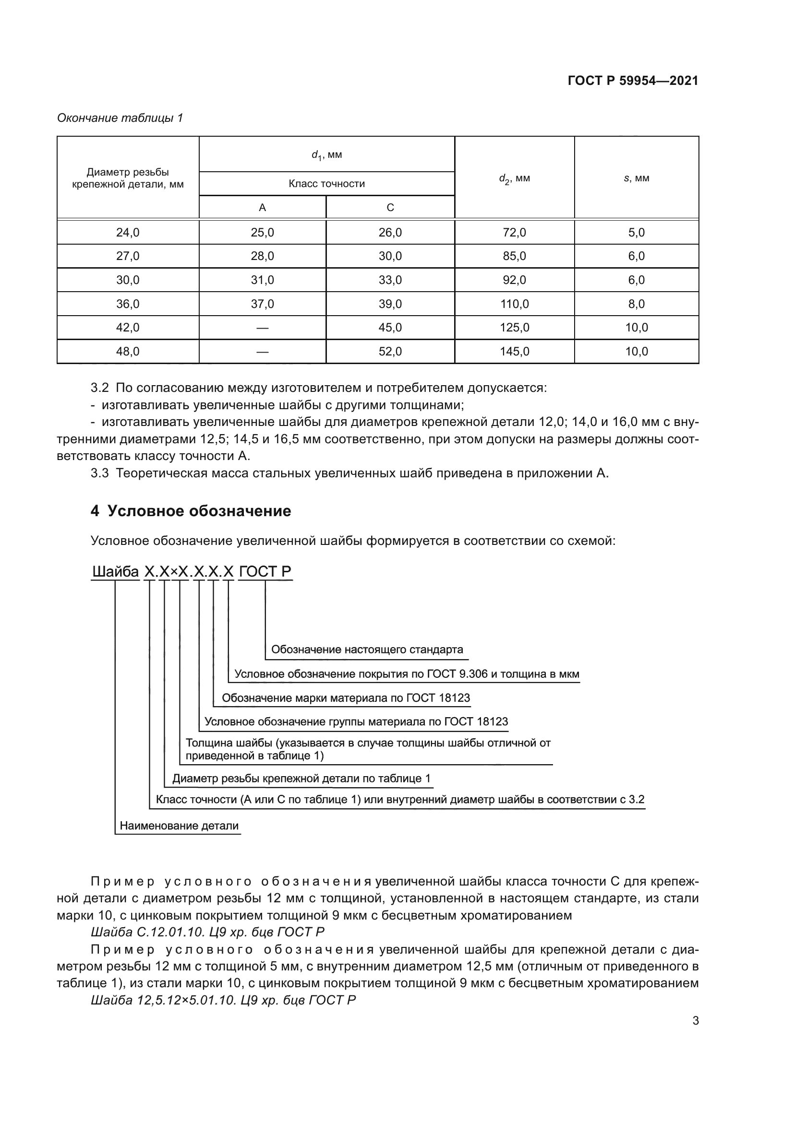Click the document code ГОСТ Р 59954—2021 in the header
pyautogui.click(x=633, y=81)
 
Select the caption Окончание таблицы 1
pyautogui.click(x=120, y=118)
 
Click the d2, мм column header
pyautogui.click(x=514, y=178)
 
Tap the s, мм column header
pyautogui.click(x=636, y=178)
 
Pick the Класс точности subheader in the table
pyautogui.click(x=326, y=184)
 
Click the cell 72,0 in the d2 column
pyautogui.click(x=514, y=233)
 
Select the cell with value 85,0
pyautogui.click(x=514, y=256)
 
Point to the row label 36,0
pyautogui.click(x=128, y=304)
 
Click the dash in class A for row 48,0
pyautogui.click(x=263, y=352)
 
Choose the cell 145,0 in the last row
pyautogui.click(x=514, y=352)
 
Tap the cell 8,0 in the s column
pyautogui.click(x=636, y=304)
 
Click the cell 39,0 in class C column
pyautogui.click(x=390, y=304)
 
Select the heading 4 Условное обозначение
pyautogui.click(x=191, y=511)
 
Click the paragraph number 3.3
pyautogui.click(x=100, y=473)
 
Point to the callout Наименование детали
pyautogui.click(x=179, y=826)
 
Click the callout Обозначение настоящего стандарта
pyautogui.click(x=367, y=650)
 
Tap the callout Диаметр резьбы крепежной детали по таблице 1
pyautogui.click(x=301, y=779)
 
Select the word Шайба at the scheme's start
pyautogui.click(x=116, y=572)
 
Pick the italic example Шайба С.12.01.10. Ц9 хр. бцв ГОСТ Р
pyautogui.click(x=208, y=932)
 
